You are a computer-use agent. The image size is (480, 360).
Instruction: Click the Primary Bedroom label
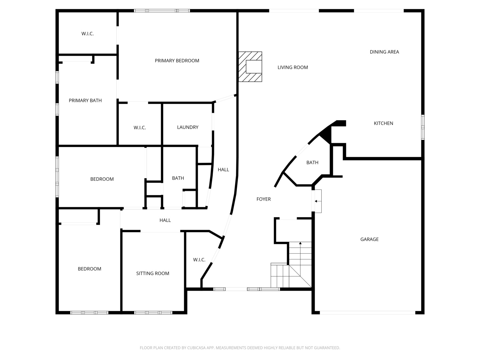click(177, 61)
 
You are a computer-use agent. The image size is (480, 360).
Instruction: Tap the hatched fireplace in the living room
click(250, 67)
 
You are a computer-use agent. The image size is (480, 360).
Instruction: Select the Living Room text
click(293, 67)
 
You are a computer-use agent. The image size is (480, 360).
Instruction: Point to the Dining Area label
click(384, 52)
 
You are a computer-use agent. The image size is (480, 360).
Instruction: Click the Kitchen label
click(383, 123)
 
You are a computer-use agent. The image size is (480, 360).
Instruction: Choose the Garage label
click(369, 239)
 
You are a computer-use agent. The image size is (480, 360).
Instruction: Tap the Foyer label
click(263, 199)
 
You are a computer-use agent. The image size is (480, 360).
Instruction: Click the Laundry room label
click(188, 127)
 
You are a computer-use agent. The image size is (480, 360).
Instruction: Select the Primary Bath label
click(85, 101)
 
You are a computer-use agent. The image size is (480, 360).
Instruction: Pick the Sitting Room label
click(153, 274)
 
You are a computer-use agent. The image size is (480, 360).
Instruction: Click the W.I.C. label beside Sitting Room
click(199, 260)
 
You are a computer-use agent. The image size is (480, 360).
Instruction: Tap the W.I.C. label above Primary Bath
click(87, 34)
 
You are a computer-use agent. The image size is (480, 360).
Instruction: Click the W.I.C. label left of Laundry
click(140, 128)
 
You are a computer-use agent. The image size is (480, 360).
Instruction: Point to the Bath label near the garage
click(312, 163)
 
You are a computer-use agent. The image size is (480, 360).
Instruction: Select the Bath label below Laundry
click(178, 178)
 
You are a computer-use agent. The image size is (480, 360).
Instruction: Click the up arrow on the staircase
click(300, 244)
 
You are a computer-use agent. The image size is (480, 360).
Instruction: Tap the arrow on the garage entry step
click(316, 201)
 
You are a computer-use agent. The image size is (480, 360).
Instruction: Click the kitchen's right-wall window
click(423, 127)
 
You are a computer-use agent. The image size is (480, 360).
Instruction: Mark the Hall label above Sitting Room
click(165, 220)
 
